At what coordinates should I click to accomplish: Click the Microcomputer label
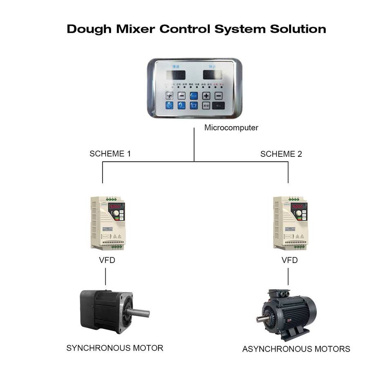[x=231, y=128]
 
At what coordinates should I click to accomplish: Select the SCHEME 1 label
[x=110, y=154]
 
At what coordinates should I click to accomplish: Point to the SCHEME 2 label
[x=281, y=154]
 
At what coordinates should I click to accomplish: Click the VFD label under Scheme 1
[x=107, y=260]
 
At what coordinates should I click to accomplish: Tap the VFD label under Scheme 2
[x=290, y=260]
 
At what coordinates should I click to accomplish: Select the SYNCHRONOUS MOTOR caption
[x=115, y=348]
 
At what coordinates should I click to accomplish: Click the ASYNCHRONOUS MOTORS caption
[x=296, y=349]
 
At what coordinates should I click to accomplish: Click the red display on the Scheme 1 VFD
[x=115, y=207]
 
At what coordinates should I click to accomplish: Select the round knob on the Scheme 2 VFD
[x=299, y=214]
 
